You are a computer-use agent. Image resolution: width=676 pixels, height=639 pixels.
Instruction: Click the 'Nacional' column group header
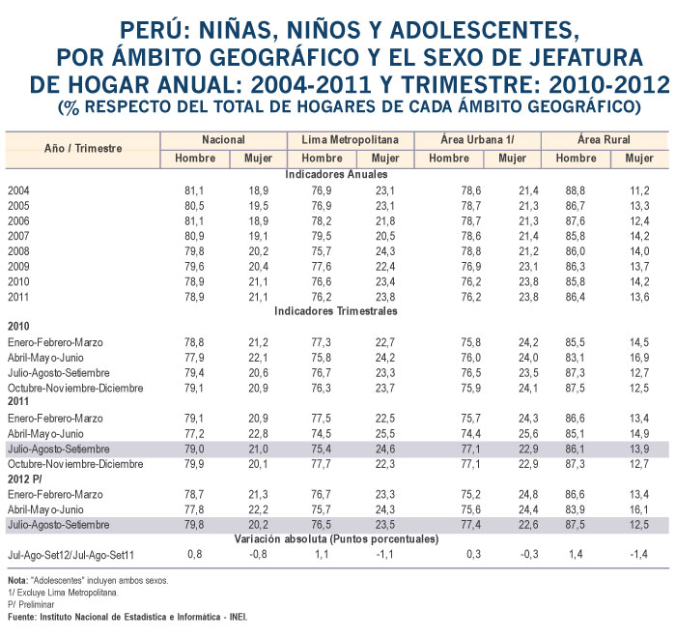click(223, 140)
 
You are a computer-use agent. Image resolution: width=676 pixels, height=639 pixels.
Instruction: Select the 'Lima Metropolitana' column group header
click(350, 140)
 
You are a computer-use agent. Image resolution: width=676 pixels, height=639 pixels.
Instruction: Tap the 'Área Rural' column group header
click(604, 139)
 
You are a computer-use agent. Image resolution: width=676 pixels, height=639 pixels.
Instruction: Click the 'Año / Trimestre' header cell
click(83, 149)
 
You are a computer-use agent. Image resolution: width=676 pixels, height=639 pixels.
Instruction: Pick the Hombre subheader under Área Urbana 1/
click(449, 158)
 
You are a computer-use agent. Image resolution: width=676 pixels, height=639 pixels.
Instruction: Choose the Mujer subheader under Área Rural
click(639, 158)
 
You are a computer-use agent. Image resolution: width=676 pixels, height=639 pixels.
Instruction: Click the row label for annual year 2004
click(18, 190)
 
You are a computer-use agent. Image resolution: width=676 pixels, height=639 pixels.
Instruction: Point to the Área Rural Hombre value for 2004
click(576, 190)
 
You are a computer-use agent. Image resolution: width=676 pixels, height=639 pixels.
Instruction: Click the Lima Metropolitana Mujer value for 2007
click(385, 236)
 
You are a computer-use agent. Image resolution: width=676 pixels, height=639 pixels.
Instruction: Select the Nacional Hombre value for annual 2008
click(194, 251)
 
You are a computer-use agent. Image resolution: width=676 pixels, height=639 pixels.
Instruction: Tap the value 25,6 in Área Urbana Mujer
click(528, 434)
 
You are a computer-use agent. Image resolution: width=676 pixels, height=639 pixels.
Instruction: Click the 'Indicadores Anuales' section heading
click(336, 174)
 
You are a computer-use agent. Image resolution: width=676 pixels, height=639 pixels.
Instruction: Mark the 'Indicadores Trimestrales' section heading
click(336, 311)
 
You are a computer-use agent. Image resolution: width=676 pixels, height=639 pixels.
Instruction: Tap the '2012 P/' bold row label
click(25, 479)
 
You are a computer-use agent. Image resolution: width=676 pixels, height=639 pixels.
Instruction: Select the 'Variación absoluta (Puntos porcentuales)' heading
click(336, 538)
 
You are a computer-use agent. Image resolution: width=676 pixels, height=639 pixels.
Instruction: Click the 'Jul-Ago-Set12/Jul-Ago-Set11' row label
click(71, 555)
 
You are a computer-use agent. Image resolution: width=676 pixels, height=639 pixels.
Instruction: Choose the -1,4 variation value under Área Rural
click(639, 554)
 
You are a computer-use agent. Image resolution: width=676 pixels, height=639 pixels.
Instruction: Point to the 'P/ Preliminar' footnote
click(31, 604)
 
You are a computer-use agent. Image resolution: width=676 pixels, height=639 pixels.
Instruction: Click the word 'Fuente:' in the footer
click(22, 617)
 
